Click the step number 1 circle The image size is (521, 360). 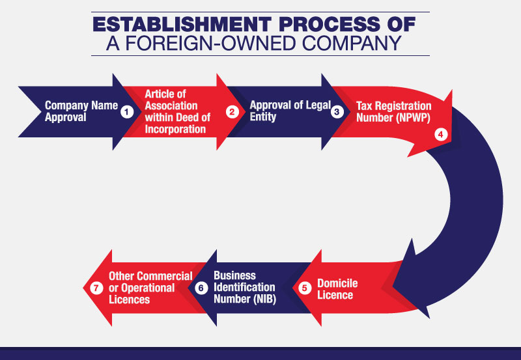(x=126, y=112)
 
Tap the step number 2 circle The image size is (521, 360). (x=232, y=112)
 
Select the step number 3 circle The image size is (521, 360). (x=337, y=112)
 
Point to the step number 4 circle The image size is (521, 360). (x=441, y=135)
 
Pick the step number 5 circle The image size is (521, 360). (x=304, y=288)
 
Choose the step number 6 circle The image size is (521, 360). (x=201, y=288)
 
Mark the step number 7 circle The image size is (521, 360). (x=96, y=288)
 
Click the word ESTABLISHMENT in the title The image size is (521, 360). (x=182, y=24)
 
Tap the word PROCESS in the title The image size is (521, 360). (x=329, y=24)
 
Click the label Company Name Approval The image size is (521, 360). (x=81, y=111)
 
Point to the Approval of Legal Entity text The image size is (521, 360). (x=290, y=111)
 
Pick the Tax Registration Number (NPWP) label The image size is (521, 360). (x=394, y=111)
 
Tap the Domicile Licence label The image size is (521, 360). (x=337, y=289)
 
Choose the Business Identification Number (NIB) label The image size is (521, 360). (x=245, y=287)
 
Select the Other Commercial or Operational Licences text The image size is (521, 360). (x=150, y=288)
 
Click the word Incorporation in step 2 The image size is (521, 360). (x=175, y=129)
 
